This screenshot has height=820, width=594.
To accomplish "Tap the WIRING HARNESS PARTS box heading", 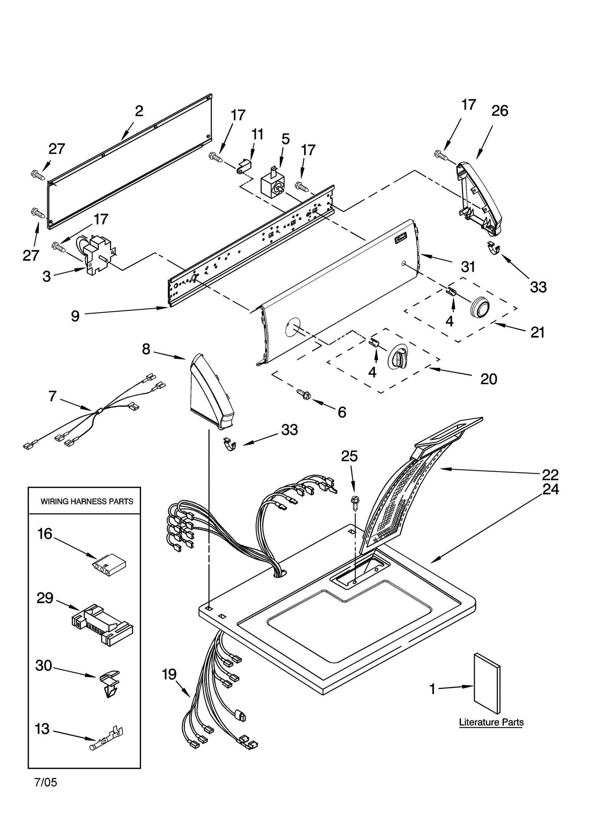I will tap(87, 502).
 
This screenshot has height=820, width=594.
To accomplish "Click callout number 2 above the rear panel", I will tap(139, 111).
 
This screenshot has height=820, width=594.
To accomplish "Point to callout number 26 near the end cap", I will tap(499, 111).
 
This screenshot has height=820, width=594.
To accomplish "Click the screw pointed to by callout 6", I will tap(303, 394).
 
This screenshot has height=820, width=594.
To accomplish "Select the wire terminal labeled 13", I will tap(106, 740).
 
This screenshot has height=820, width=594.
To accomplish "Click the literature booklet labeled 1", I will tap(487, 686).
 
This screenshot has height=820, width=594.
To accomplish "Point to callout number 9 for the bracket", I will tap(75, 316).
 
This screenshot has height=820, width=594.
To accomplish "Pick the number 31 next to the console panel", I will tap(468, 267).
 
